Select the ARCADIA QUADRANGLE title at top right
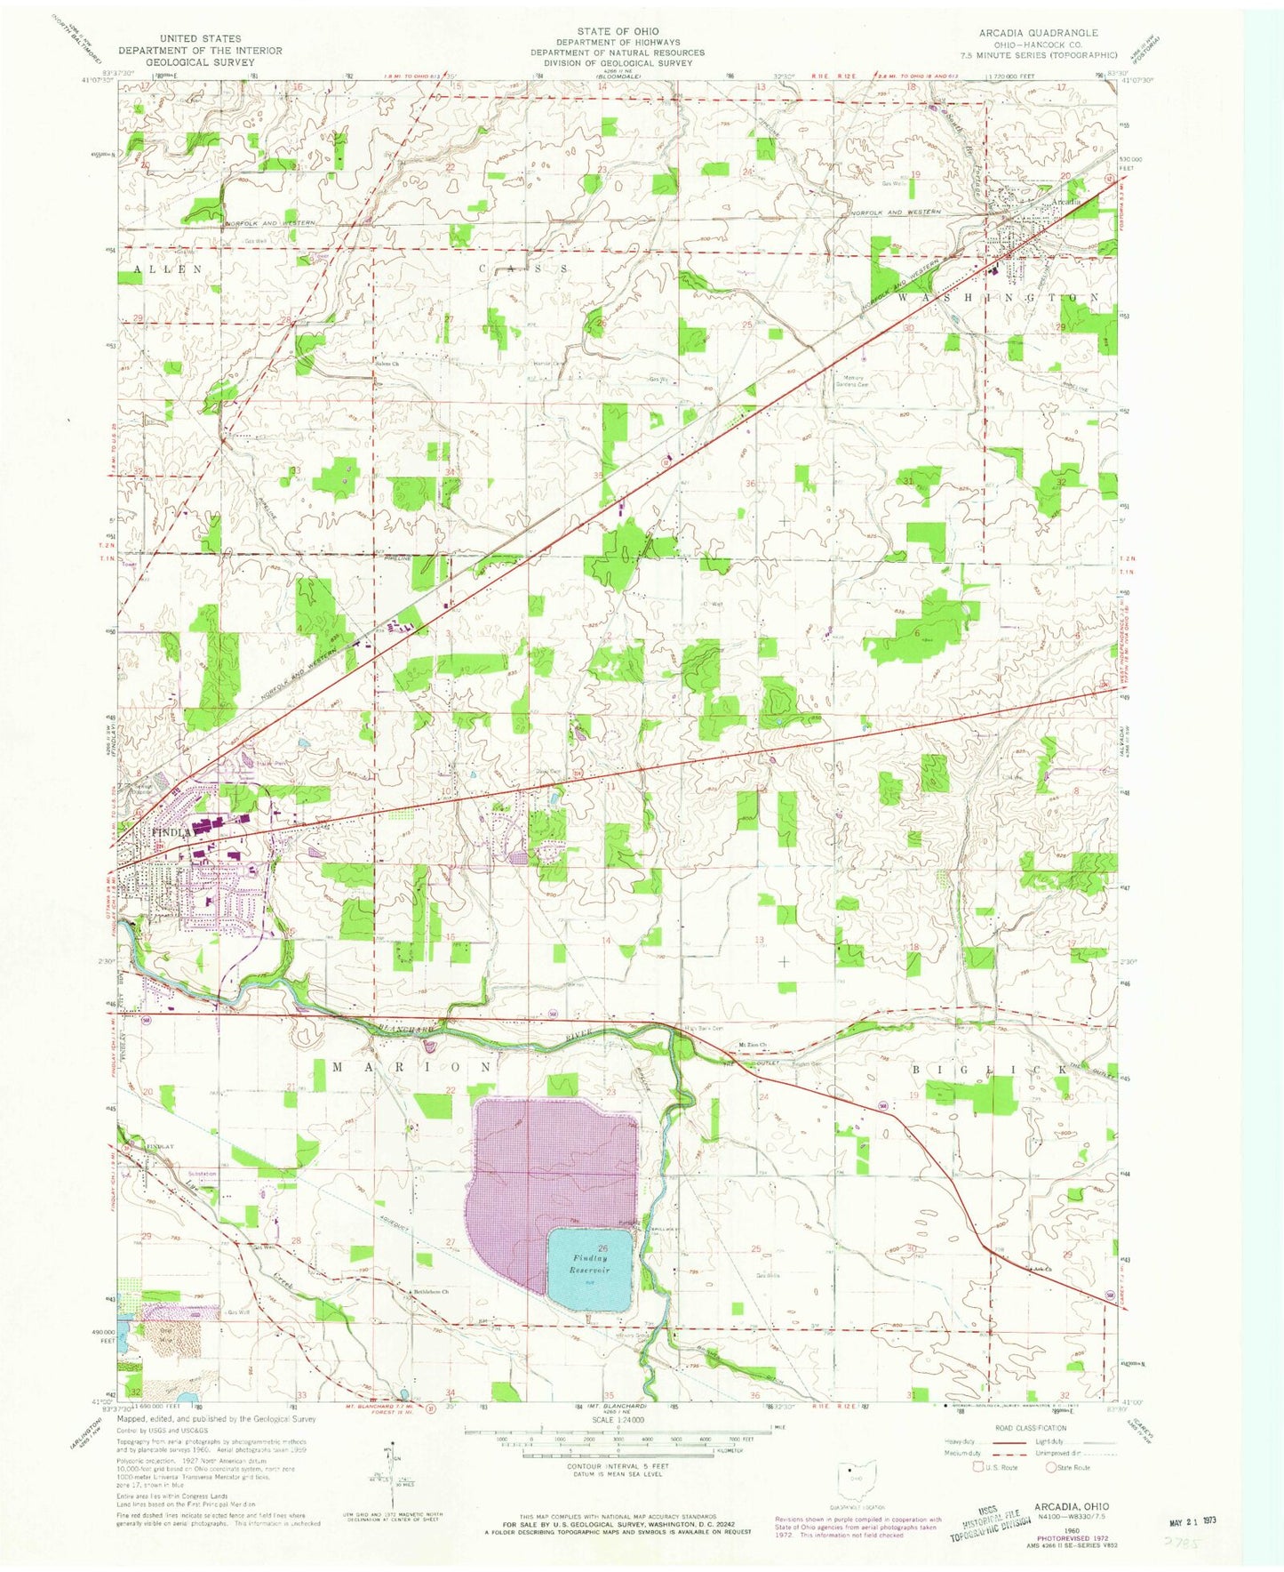[1038, 32]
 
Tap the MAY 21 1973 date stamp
[1191, 1520]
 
